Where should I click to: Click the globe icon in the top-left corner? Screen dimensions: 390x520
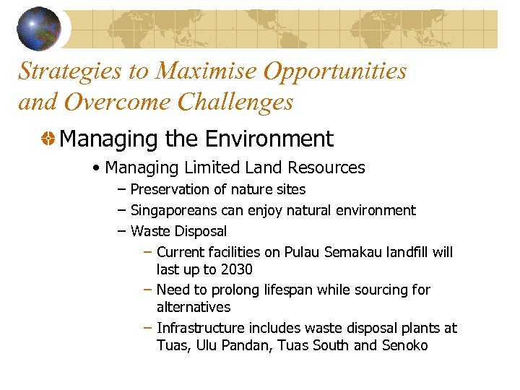coord(39,28)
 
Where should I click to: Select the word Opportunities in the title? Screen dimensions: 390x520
coord(335,71)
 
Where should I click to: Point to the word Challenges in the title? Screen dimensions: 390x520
coord(235,102)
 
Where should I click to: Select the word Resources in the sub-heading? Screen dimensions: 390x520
coord(326,168)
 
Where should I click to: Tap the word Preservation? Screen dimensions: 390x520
coord(170,189)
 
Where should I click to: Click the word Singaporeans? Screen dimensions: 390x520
coord(178,210)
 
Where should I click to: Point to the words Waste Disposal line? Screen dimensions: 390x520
coord(178,231)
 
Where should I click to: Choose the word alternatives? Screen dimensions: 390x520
coord(194,307)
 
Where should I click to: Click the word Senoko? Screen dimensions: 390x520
coord(404,345)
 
